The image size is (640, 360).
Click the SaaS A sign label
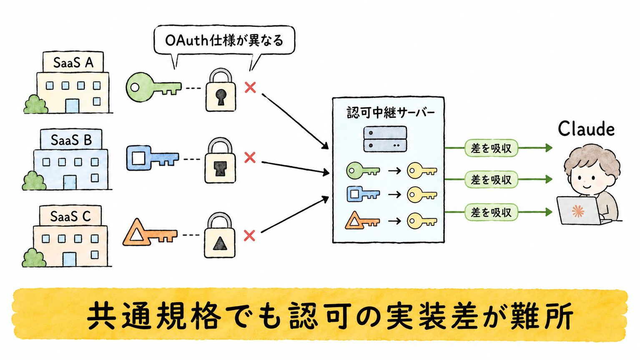pyautogui.click(x=73, y=62)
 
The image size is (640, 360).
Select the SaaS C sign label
pyautogui.click(x=70, y=216)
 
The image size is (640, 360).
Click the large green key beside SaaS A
pyautogui.click(x=153, y=87)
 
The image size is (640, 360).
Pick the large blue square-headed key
pyautogui.click(x=153, y=157)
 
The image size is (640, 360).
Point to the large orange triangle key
pyautogui.click(x=150, y=233)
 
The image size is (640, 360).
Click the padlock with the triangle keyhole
pyautogui.click(x=220, y=235)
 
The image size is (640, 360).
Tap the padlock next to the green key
pyautogui.click(x=221, y=90)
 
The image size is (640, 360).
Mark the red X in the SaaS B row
pyautogui.click(x=250, y=157)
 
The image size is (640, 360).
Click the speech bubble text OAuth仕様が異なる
pyautogui.click(x=224, y=40)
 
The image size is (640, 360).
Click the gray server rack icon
pyautogui.click(x=385, y=139)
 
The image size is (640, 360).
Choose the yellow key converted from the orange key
pyautogui.click(x=422, y=221)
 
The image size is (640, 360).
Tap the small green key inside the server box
pyautogui.click(x=363, y=170)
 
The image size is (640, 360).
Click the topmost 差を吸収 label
pyautogui.click(x=491, y=148)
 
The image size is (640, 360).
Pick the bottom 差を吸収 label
pyautogui.click(x=491, y=212)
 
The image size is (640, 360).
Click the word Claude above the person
pyautogui.click(x=586, y=129)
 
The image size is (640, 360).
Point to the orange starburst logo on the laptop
pyautogui.click(x=578, y=211)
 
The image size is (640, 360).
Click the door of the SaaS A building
pyautogui.click(x=72, y=106)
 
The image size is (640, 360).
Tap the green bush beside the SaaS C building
pyautogui.click(x=34, y=258)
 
